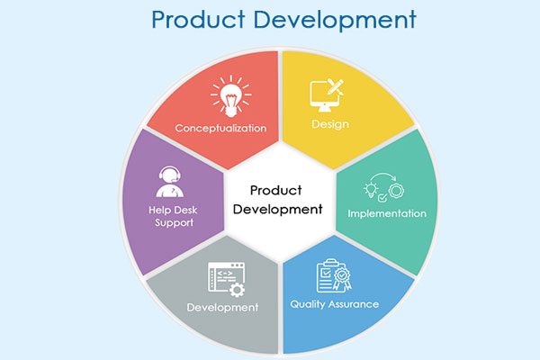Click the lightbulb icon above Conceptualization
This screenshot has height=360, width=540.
(230, 96)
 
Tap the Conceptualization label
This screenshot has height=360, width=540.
(220, 128)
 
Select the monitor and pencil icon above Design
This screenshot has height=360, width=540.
(327, 95)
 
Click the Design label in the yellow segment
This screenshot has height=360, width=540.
(330, 124)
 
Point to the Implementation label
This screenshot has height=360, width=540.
(387, 213)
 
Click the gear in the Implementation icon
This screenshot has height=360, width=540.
(396, 191)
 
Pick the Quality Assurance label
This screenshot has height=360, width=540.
(335, 304)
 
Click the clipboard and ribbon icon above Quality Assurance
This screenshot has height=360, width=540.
(334, 275)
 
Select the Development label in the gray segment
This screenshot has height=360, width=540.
(222, 307)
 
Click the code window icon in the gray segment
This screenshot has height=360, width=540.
(226, 279)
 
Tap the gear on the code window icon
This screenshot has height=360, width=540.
(237, 290)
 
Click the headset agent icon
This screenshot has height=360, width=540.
(169, 182)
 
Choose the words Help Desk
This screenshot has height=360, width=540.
(173, 210)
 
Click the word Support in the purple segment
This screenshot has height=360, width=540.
(174, 223)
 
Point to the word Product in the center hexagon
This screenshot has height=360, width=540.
(276, 190)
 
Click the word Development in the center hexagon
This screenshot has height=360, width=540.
(277, 209)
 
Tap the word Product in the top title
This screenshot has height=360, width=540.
(198, 19)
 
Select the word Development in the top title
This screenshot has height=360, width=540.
(335, 21)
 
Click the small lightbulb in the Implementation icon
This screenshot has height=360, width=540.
(371, 190)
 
